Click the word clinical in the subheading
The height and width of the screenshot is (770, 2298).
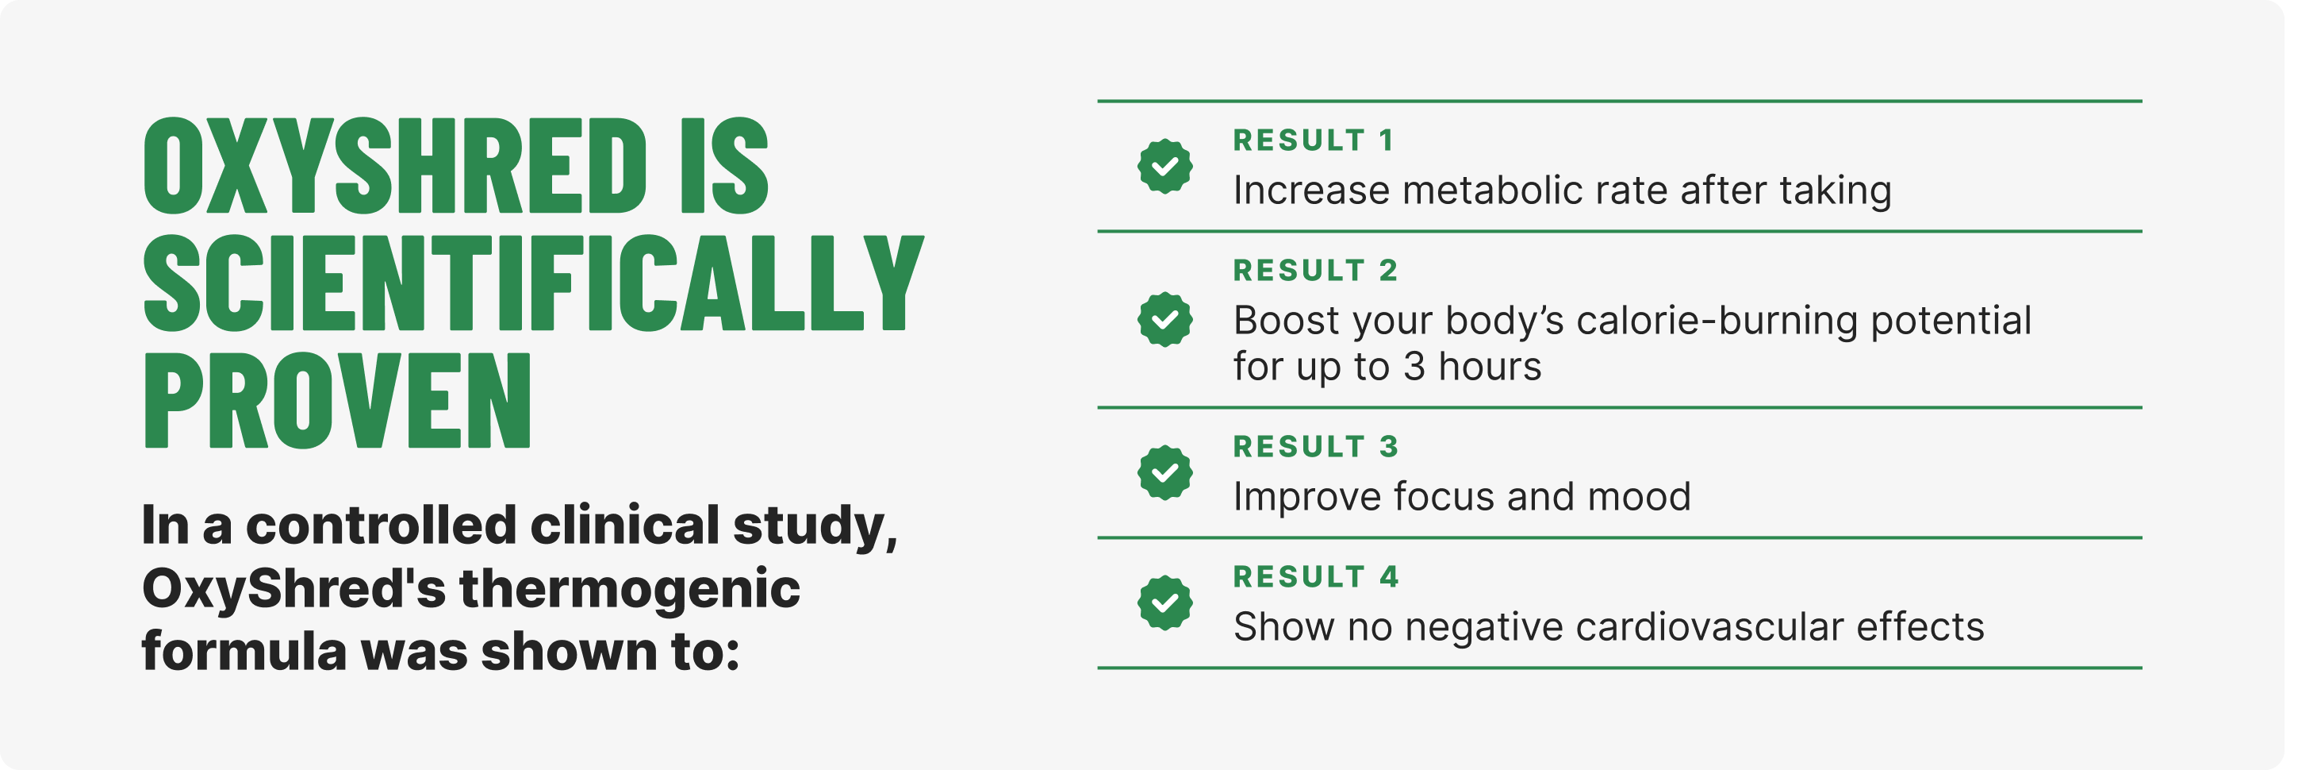(x=628, y=527)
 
